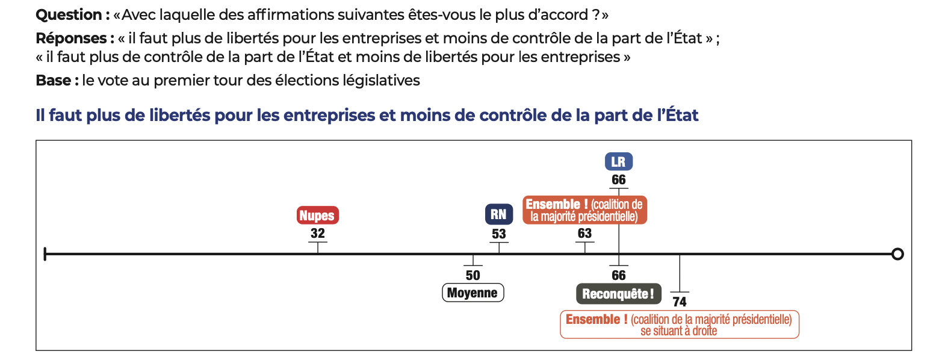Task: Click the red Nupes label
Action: click(x=318, y=216)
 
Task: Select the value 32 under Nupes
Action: click(x=318, y=234)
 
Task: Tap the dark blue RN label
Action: click(x=498, y=214)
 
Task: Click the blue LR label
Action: click(x=619, y=161)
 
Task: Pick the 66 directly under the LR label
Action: click(x=619, y=179)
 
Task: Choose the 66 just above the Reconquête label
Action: click(x=619, y=275)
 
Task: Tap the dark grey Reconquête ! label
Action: click(x=618, y=294)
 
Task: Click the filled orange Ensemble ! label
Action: click(x=584, y=209)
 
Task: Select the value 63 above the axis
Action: click(x=584, y=234)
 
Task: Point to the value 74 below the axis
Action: click(x=680, y=302)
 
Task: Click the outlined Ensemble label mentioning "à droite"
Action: click(x=679, y=324)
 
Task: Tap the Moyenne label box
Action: click(x=473, y=293)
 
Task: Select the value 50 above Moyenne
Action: click(x=473, y=275)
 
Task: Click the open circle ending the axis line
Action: click(x=897, y=254)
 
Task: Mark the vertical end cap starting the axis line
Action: click(x=45, y=254)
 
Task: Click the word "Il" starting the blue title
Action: click(x=40, y=116)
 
